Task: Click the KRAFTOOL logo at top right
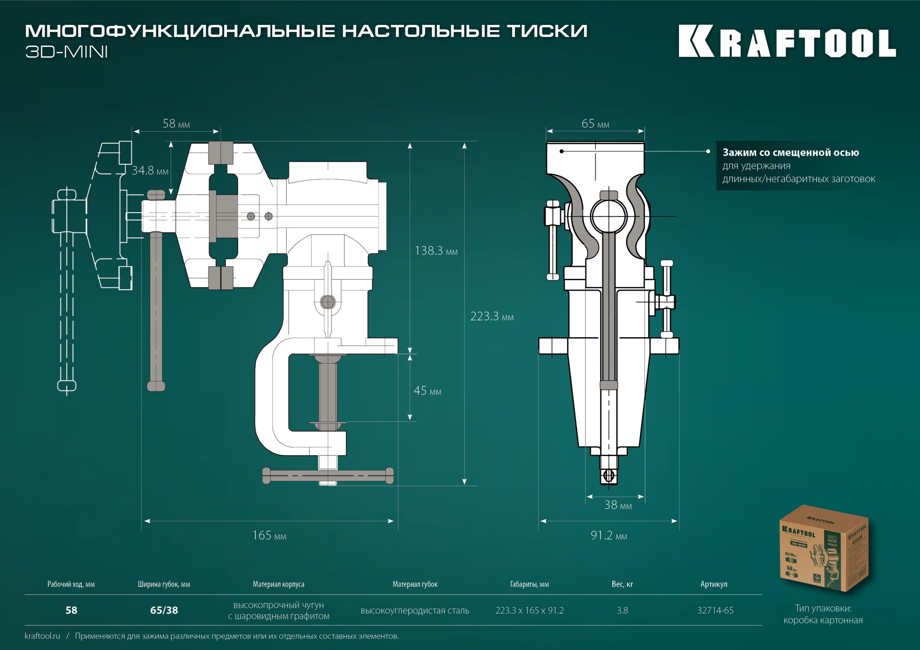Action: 787,42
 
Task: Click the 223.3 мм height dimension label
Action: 492,317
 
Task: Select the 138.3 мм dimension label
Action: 436,251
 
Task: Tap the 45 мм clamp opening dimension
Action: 427,391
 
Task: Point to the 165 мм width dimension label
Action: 269,536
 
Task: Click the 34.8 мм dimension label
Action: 150,171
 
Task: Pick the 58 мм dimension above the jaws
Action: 176,124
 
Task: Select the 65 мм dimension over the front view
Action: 595,124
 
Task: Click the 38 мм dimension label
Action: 618,505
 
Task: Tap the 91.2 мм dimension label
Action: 609,536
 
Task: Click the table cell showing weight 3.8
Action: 622,611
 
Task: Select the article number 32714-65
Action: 715,611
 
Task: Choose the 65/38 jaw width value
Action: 164,611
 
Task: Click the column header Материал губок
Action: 415,584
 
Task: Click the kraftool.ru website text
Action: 43,636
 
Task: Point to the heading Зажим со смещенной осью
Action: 791,153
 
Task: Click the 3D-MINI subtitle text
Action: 67,52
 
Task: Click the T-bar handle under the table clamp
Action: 328,476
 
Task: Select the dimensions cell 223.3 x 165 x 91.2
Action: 529,611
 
